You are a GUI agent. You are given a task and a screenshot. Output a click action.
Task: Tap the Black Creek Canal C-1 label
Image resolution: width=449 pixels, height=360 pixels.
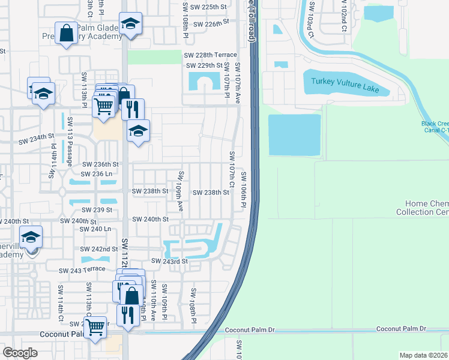434,128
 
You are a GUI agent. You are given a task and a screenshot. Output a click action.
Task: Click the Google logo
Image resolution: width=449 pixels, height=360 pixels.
20,353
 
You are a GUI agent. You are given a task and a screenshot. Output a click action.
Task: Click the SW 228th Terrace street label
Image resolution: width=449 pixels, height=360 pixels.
210,55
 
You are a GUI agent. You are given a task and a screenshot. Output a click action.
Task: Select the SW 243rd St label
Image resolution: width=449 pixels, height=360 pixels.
170,261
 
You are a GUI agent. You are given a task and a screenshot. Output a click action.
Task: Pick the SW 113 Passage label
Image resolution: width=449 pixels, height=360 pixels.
70,148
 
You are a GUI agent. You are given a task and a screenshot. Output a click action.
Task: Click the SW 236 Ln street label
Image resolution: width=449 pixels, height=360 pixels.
98,173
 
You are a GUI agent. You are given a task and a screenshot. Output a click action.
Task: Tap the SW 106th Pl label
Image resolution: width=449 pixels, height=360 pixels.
244,190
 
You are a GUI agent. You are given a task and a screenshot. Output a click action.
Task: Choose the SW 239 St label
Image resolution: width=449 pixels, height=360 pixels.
98,209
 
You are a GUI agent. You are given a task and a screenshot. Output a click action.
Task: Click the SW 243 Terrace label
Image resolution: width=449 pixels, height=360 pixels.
82,271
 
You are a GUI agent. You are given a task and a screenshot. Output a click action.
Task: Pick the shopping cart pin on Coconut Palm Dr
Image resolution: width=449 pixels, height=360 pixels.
95,327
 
